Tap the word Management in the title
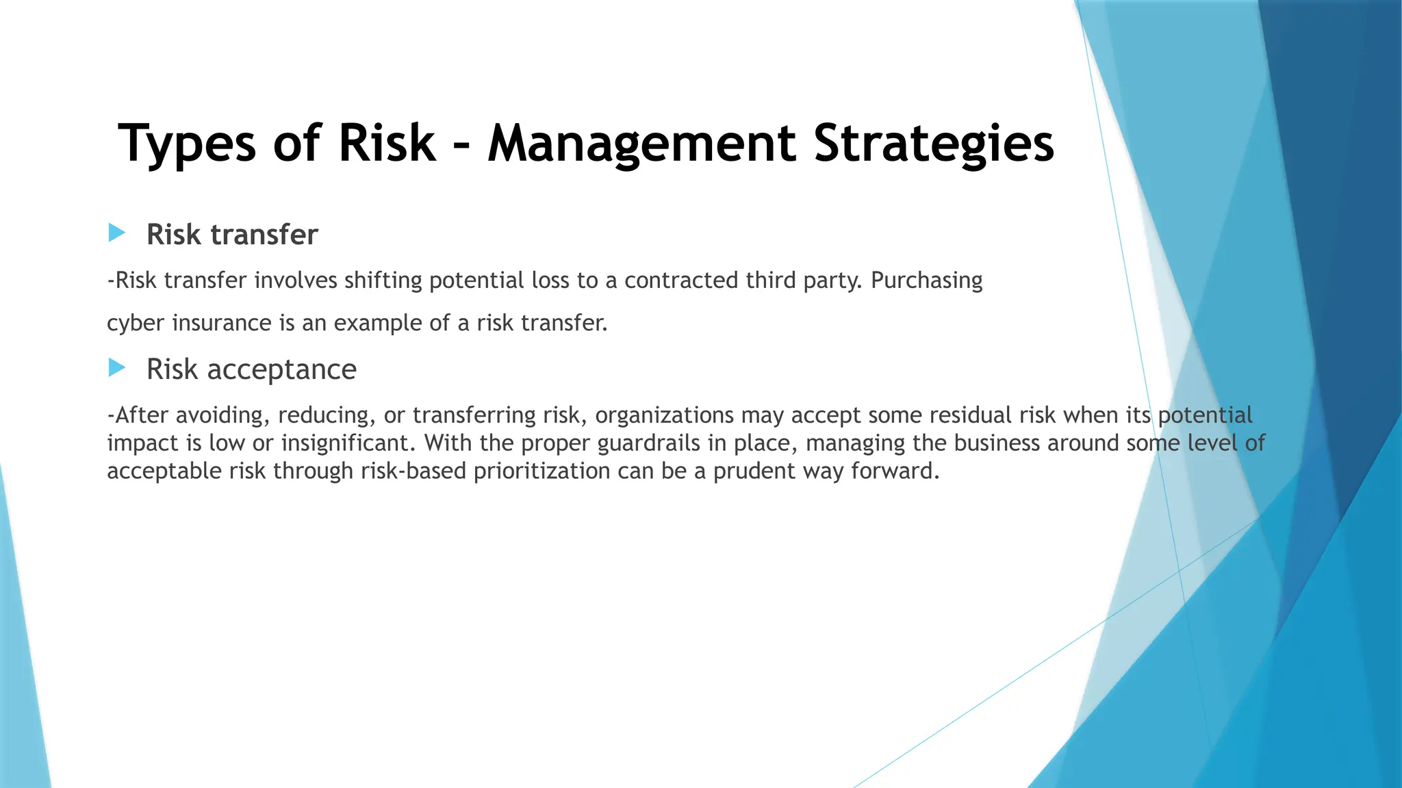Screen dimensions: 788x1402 (x=641, y=144)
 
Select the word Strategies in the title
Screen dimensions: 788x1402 (x=934, y=144)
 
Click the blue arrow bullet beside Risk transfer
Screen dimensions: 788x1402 (x=117, y=233)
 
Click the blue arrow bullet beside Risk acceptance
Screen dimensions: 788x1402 (x=117, y=368)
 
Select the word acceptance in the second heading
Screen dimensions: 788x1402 (x=281, y=370)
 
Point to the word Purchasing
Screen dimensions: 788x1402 (x=926, y=280)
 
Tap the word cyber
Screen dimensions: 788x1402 (x=136, y=324)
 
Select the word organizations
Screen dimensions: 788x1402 (x=665, y=415)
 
